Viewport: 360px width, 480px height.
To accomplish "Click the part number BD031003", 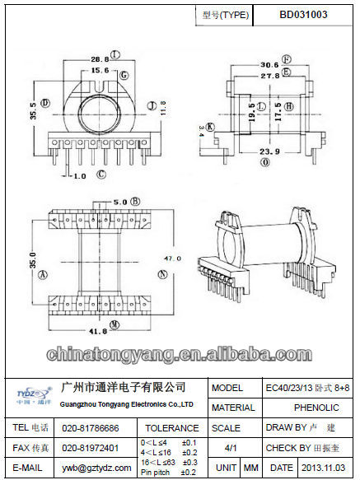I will (304, 15).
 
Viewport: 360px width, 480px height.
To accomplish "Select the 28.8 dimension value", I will (99, 59).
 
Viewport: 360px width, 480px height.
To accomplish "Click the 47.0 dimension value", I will (173, 259).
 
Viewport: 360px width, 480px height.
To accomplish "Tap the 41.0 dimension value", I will (99, 331).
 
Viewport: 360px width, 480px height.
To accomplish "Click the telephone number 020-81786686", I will (91, 428).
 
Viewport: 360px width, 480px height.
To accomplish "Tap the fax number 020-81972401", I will (91, 448).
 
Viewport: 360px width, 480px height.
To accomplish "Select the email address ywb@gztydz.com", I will (91, 468).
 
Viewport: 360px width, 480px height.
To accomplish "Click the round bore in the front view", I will (100, 110).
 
